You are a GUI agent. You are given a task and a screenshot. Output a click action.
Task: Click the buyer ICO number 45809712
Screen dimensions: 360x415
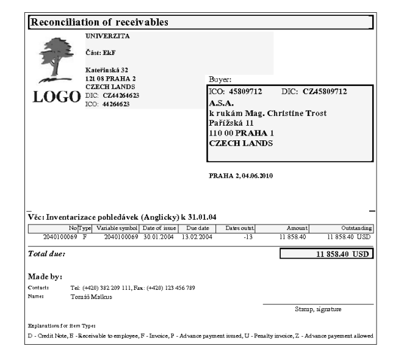pyautogui.click(x=243, y=92)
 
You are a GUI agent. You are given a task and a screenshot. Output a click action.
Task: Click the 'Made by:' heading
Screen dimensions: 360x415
pyautogui.click(x=46, y=277)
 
